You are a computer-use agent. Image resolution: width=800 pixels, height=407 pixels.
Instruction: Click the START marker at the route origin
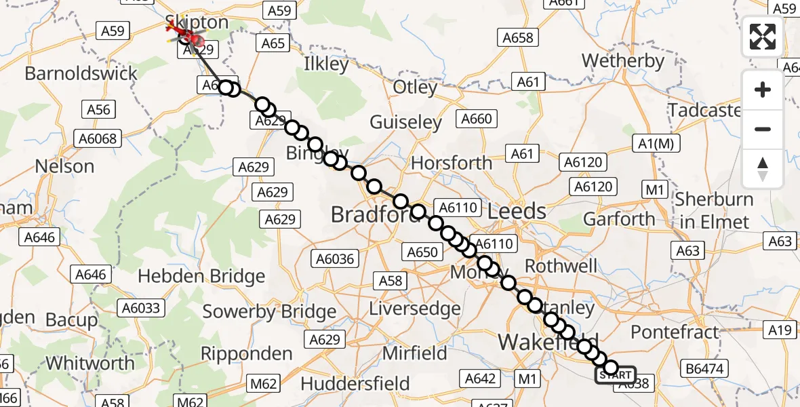616,375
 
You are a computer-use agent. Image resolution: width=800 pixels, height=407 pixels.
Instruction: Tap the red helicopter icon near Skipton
183,31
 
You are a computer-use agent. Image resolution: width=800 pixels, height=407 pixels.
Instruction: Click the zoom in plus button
763,90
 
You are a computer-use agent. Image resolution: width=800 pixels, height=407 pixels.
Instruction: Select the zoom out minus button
763,129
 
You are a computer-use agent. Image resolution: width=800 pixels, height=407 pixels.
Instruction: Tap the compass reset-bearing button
763,169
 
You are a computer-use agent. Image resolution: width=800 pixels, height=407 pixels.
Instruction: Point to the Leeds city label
517,211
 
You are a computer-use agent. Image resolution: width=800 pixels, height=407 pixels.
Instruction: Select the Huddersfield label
355,383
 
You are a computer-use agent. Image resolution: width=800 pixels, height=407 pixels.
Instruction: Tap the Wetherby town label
622,61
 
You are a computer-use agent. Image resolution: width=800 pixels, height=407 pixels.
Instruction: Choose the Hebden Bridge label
201,277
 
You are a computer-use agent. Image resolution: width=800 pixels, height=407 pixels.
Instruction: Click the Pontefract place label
674,332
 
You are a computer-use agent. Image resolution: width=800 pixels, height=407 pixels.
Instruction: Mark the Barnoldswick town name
81,73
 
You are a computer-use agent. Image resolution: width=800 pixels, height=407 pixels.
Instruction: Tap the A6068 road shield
99,139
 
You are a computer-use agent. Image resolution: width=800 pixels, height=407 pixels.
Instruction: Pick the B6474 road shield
704,370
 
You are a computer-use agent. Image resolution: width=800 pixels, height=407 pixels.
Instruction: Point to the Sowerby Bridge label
269,312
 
